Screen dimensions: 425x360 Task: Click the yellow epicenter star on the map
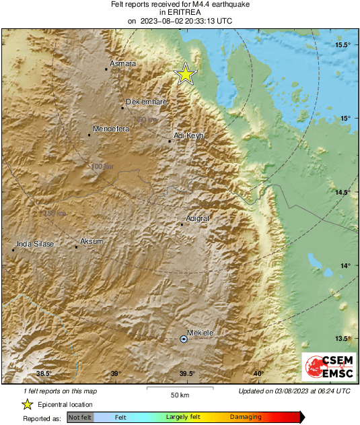point(185,75)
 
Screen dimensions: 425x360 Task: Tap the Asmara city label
point(122,63)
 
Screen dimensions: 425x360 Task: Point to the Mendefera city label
point(110,128)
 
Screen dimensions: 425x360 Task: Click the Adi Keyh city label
point(188,135)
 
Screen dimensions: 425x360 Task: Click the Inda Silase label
point(35,244)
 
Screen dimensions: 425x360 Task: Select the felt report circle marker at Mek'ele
point(184,339)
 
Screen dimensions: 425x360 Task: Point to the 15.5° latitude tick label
point(343,45)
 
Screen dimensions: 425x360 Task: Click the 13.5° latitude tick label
point(343,339)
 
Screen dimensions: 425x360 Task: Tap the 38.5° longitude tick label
point(44,374)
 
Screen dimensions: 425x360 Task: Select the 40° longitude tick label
point(258,374)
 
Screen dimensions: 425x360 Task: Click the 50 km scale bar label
point(179,394)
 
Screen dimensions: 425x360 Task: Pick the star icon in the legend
point(27,404)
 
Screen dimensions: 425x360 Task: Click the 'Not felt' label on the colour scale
point(80,418)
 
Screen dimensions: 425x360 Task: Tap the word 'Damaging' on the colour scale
point(246,418)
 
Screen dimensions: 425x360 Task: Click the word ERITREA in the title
point(180,12)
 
